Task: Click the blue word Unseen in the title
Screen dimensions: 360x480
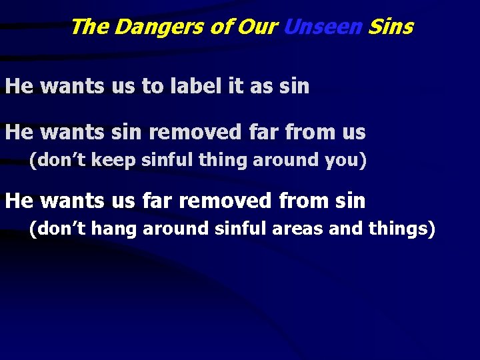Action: pos(323,27)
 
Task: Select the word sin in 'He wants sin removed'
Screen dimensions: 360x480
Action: pos(125,132)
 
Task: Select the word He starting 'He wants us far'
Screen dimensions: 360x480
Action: pos(19,200)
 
